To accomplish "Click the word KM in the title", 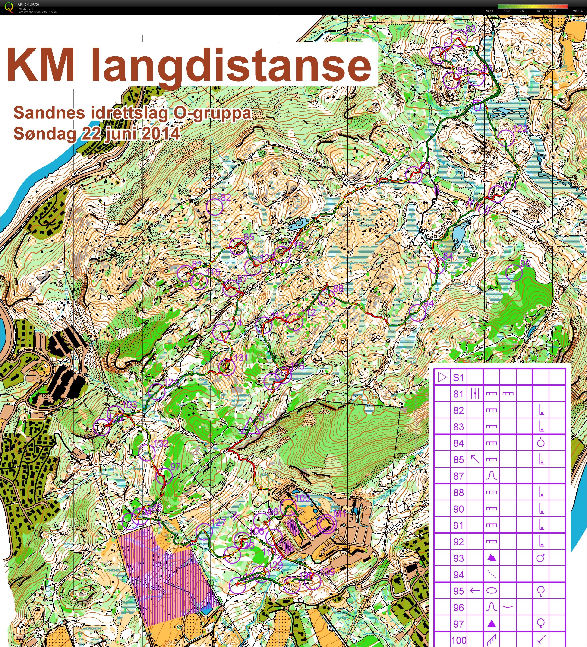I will tap(40, 65).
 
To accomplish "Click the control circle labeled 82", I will tap(214, 207).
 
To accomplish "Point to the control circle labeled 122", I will tap(506, 137).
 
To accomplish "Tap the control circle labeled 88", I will tap(327, 297).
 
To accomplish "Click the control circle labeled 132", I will tap(147, 453).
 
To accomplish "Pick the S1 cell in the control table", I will tap(458, 377).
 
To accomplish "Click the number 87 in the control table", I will tap(458, 476).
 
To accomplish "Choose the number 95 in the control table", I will tap(458, 591).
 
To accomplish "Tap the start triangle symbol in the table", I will tap(442, 377).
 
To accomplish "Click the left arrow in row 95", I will tap(475, 590).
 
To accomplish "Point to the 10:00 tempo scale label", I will tap(522, 11).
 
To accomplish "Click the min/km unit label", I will tap(577, 11).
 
